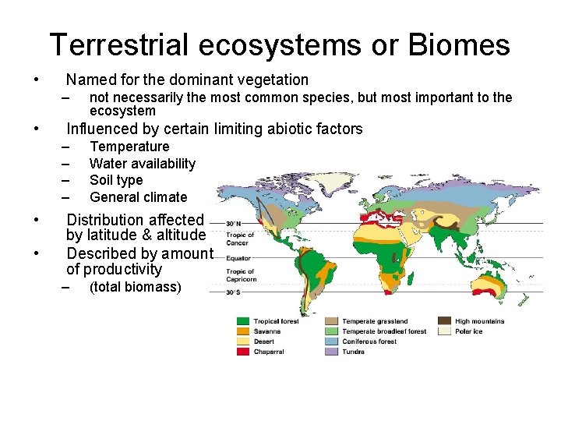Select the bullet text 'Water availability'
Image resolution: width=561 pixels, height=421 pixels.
(143, 164)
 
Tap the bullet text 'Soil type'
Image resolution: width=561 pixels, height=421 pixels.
(116, 180)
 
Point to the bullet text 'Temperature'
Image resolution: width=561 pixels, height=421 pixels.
(129, 147)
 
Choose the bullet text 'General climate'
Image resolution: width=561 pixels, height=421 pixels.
(139, 197)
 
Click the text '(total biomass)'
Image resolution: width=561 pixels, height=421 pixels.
(136, 287)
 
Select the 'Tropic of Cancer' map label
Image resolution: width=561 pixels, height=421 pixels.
(239, 239)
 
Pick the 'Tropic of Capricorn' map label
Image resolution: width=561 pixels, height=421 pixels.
(240, 275)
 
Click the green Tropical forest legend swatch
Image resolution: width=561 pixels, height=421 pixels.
(244, 321)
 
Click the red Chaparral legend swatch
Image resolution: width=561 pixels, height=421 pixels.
(244, 352)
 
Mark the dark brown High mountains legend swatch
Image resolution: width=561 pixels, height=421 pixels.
(444, 321)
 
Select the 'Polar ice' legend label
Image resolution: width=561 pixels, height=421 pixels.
(471, 331)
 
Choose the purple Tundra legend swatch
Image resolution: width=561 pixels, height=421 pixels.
(331, 352)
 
